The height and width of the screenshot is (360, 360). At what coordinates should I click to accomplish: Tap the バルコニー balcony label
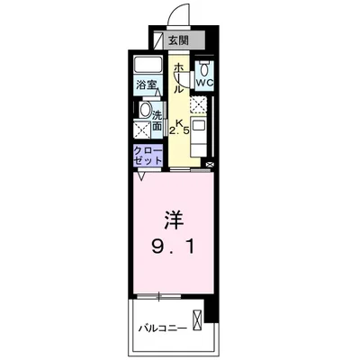(x=164, y=328)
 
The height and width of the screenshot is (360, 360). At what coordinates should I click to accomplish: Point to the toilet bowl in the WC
(x=204, y=70)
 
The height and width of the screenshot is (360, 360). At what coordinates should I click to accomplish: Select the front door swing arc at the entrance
(x=176, y=16)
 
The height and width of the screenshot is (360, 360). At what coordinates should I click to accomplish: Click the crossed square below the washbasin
(x=142, y=129)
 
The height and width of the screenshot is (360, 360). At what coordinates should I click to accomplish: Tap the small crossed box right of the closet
(x=210, y=165)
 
